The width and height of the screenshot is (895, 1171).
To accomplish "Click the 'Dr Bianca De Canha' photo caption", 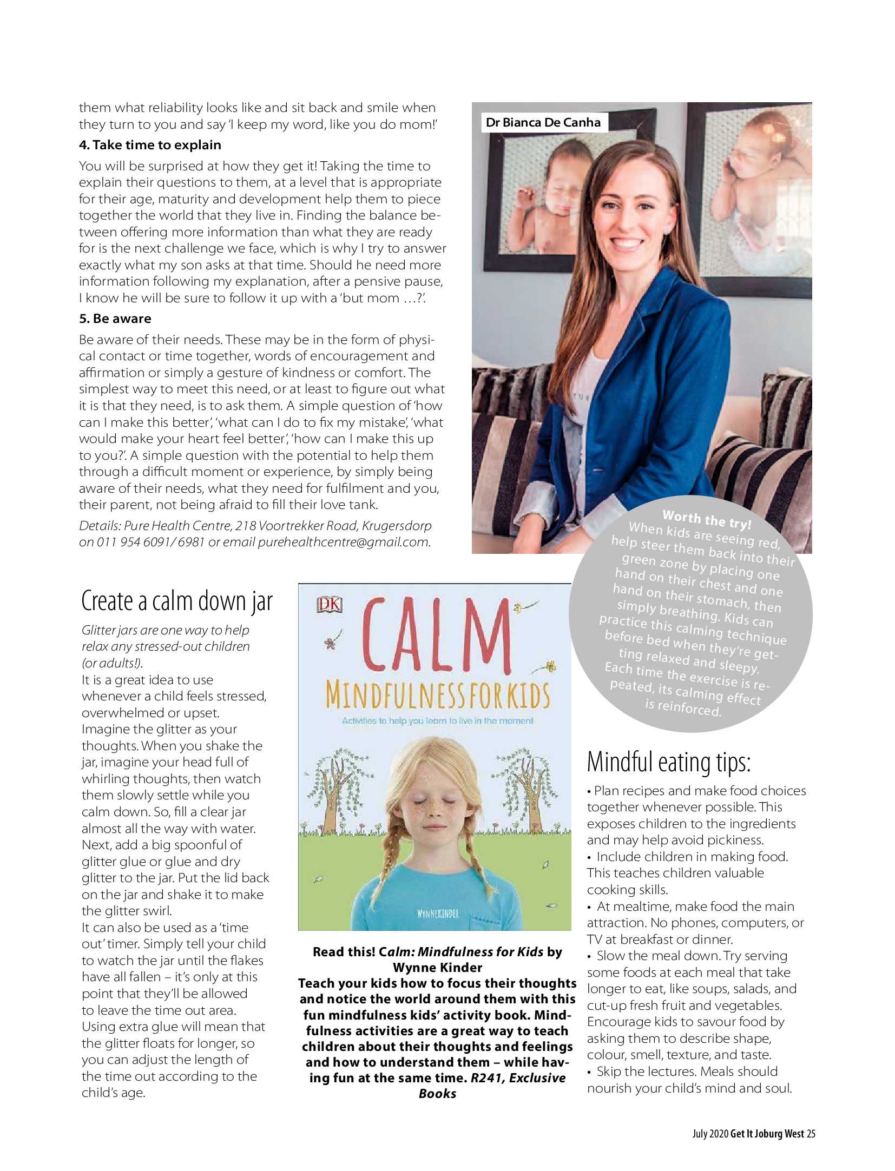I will tap(543, 122).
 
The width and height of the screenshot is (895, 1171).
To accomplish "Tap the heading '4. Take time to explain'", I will tap(150, 145).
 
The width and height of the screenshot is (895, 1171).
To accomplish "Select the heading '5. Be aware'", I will tap(115, 319).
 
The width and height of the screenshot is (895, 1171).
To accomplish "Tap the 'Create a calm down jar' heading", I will tap(177, 601).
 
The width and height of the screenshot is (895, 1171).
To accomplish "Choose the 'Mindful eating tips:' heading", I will tap(669, 762).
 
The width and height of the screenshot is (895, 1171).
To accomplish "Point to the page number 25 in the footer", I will tap(811, 1134).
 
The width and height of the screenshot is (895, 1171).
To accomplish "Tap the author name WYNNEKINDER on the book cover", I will tap(438, 914).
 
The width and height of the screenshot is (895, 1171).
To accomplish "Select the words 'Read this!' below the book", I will tap(344, 952).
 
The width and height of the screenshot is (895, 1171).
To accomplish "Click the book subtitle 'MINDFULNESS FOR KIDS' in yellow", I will tap(437, 696).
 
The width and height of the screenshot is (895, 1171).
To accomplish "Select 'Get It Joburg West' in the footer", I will tap(767, 1134).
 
